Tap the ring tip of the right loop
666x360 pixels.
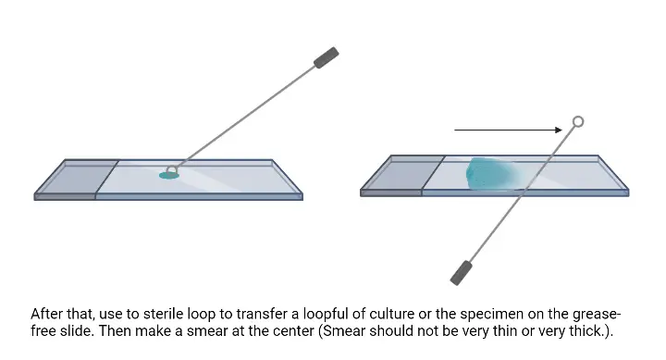(578, 121)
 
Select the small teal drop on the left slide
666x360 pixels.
(168, 175)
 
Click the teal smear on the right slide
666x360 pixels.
(489, 174)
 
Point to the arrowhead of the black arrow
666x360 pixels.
(561, 130)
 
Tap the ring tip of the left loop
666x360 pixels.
(171, 169)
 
